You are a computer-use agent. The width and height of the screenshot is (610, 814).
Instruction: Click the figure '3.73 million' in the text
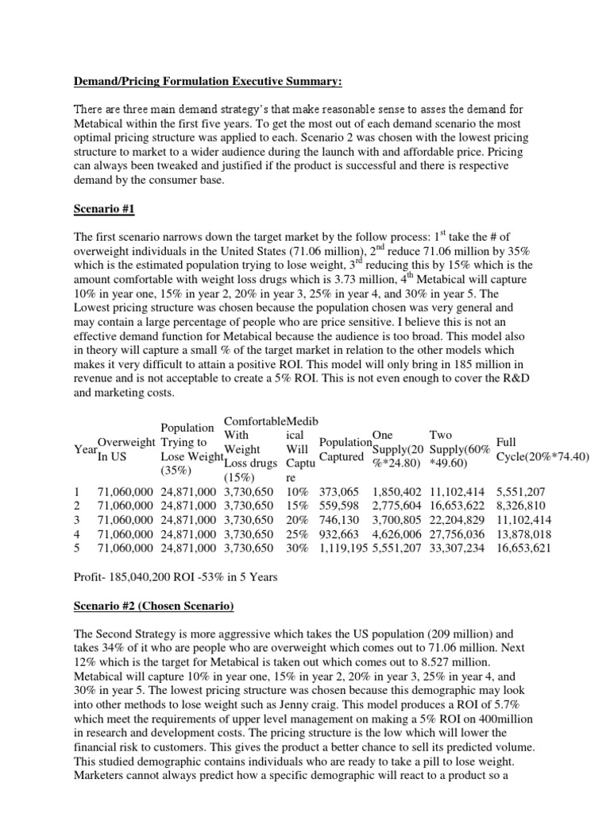(327, 279)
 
